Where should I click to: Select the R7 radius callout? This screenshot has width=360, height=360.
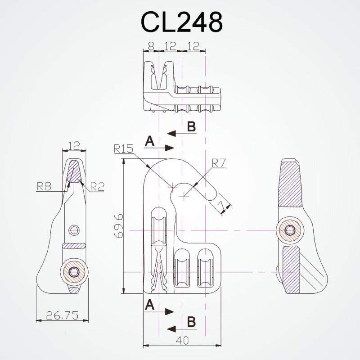coord(219,163)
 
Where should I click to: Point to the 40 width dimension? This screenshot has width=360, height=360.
coord(182,341)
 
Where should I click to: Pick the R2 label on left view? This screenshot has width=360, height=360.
coord(96,186)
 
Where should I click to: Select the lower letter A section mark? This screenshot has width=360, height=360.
coord(150,306)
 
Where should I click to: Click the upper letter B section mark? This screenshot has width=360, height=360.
coord(191,127)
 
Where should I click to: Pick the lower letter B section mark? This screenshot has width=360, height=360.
coord(191,322)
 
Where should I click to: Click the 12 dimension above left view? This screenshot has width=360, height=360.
coord(73,146)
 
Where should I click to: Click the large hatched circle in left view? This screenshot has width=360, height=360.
coord(74,272)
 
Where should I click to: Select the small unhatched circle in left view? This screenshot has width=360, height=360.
coord(73,231)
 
